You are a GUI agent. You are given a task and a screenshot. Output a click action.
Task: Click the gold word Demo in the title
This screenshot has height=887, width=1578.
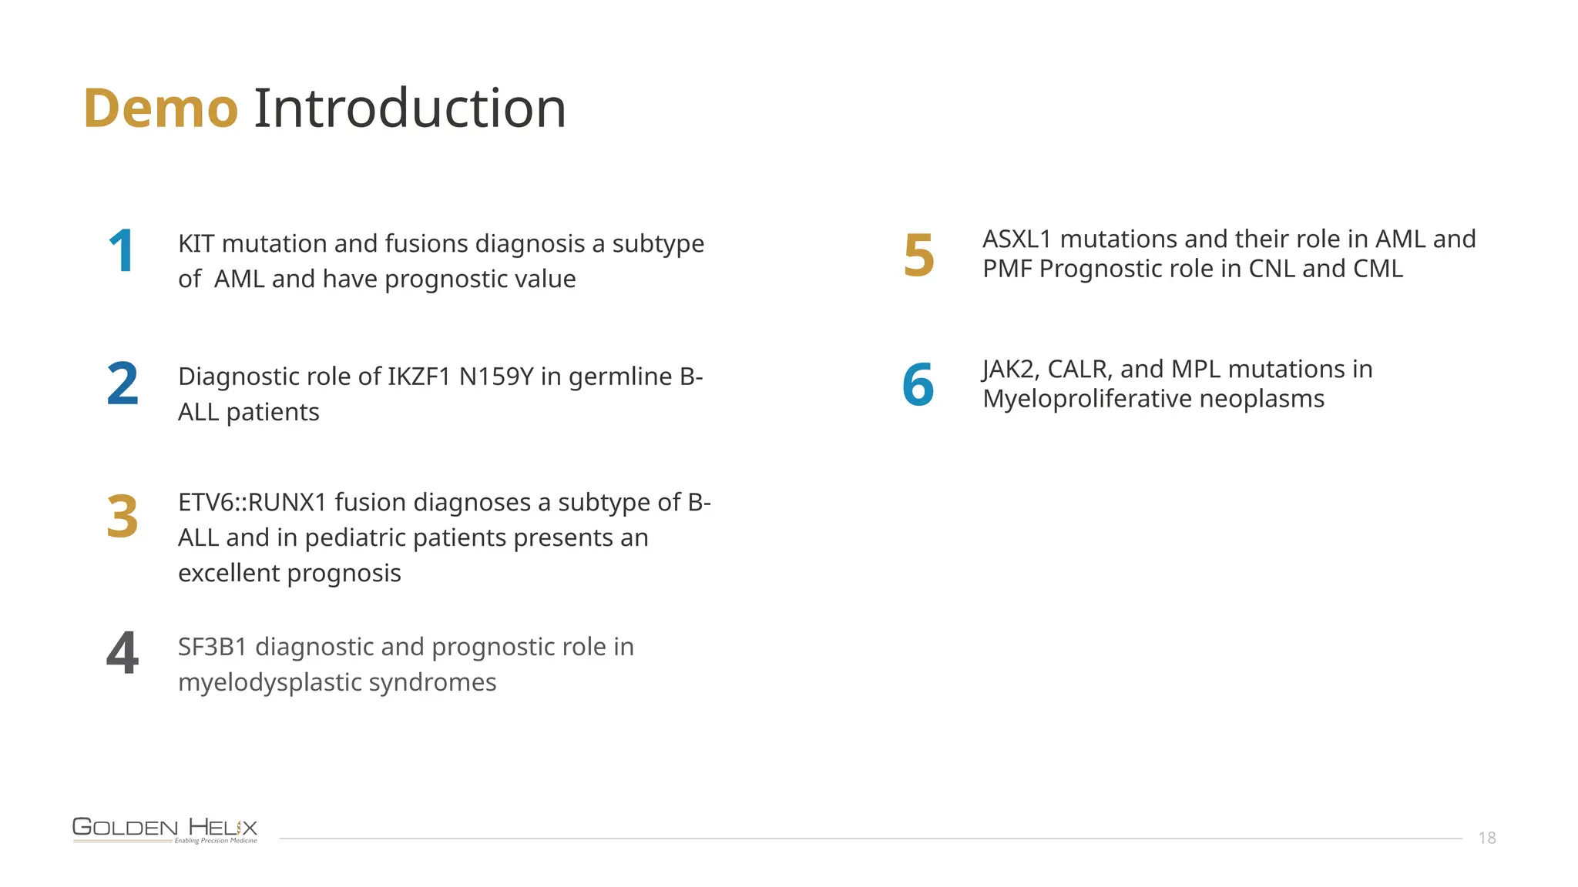160,109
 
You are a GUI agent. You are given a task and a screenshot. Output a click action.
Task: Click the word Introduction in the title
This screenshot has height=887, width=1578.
410,109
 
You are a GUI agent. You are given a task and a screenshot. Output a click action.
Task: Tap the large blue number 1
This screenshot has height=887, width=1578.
122,251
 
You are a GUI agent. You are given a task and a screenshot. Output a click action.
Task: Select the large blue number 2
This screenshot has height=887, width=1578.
123,383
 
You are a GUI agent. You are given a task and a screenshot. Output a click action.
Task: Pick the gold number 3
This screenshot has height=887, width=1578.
123,517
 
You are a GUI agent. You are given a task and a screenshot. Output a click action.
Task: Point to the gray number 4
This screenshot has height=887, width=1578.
123,653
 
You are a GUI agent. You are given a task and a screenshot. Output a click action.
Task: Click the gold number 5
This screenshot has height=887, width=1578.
918,256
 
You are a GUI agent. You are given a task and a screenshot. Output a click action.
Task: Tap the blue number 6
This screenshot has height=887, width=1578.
918,384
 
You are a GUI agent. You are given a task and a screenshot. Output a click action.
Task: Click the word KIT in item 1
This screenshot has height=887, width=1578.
196,244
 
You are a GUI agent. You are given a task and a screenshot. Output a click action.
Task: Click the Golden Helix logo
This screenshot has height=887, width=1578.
165,830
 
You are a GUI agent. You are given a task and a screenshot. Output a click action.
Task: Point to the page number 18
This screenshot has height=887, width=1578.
1487,838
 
